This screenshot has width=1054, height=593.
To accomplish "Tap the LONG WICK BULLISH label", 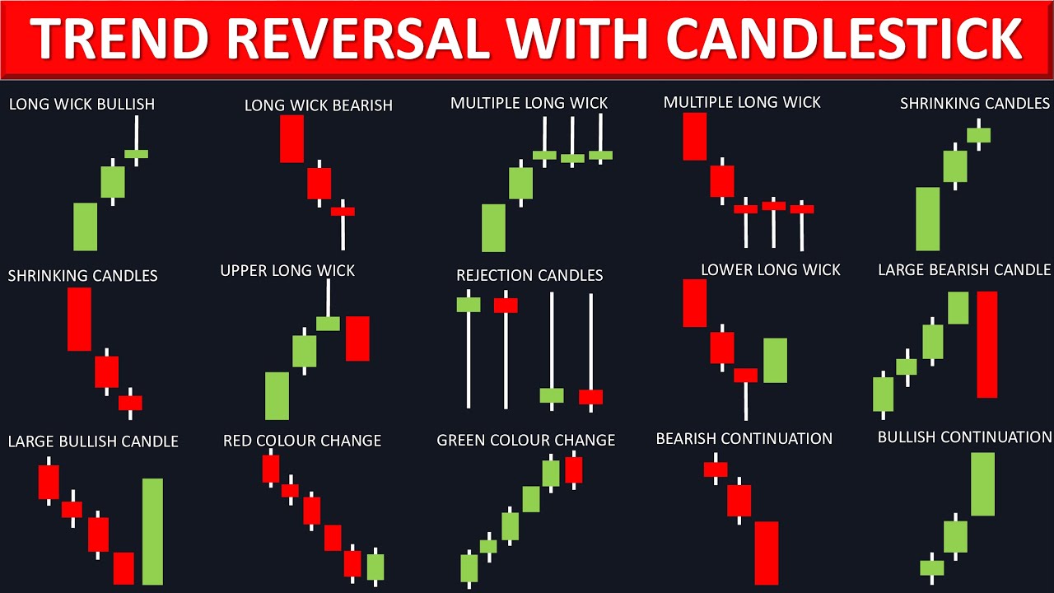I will click(82, 105).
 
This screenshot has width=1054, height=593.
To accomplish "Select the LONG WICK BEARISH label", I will click(318, 105).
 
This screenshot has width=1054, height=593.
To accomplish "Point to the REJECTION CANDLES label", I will click(529, 275).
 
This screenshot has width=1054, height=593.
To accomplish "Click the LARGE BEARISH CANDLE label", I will click(964, 270).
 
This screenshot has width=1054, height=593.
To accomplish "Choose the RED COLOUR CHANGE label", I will click(301, 441).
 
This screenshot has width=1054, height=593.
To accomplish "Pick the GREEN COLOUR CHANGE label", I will click(525, 441).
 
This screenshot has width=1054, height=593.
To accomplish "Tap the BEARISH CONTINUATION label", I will click(744, 439).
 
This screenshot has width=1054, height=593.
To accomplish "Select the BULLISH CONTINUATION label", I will click(964, 437).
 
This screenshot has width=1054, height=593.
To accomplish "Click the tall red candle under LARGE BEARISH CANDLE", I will click(986, 344).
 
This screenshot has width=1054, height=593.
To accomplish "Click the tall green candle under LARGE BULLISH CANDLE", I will click(152, 531).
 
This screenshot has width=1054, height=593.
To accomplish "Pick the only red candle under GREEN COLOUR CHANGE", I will click(573, 469).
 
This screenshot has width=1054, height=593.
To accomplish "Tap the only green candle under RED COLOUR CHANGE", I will click(375, 567).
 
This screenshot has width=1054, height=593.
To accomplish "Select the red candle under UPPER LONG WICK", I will click(357, 339).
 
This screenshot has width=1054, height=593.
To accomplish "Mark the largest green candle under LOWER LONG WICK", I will click(775, 360).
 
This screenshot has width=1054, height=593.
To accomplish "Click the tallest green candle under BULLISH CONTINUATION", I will click(982, 484).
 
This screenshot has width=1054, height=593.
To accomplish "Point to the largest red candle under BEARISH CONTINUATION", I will click(766, 553).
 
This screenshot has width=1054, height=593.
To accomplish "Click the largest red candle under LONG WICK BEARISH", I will click(291, 138).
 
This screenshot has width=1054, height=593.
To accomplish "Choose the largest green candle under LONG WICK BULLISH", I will click(86, 226).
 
